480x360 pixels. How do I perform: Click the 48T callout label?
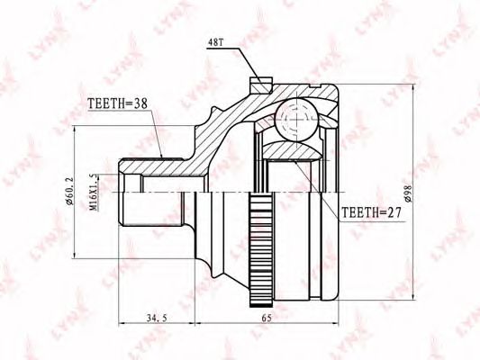pos(215,42)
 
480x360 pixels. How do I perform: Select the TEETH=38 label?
pos(118,103)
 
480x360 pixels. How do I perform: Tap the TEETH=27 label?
pos(371,212)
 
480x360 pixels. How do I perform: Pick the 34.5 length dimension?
pos(157,318)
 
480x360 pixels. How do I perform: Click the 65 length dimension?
pos(267,318)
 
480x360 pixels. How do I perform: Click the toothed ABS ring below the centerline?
pos(261,249)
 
